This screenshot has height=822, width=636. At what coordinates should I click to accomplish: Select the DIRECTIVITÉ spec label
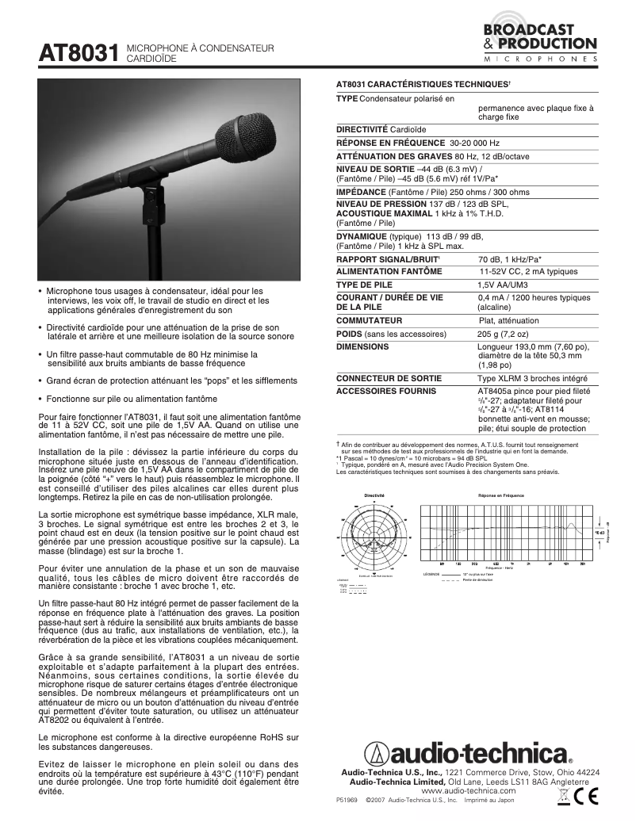coord(362,128)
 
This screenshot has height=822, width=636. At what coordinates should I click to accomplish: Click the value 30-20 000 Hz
coord(475,143)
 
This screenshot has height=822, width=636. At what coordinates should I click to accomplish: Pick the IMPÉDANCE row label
coord(362,192)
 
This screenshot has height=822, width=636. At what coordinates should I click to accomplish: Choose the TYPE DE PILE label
coord(366,285)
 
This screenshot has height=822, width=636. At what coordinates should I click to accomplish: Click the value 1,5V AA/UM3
coord(502,285)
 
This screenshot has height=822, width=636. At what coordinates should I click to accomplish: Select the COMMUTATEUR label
coord(369,320)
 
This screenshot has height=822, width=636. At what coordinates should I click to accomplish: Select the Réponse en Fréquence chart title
coord(500,495)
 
